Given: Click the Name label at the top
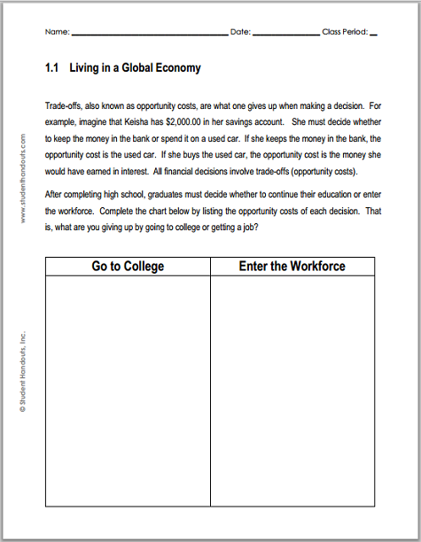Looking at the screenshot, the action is pos(56,33).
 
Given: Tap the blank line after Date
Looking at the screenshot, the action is pos(286,34).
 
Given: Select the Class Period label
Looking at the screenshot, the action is pos(344,33).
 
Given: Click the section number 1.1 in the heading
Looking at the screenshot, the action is pos(51,68).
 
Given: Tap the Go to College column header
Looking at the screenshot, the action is pos(128,266).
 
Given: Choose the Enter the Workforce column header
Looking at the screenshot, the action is pos(292,266).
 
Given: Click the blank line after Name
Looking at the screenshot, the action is pos(149,34).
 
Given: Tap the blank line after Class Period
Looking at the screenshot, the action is pos(372,34).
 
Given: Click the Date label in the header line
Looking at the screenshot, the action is pos(240,33).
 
